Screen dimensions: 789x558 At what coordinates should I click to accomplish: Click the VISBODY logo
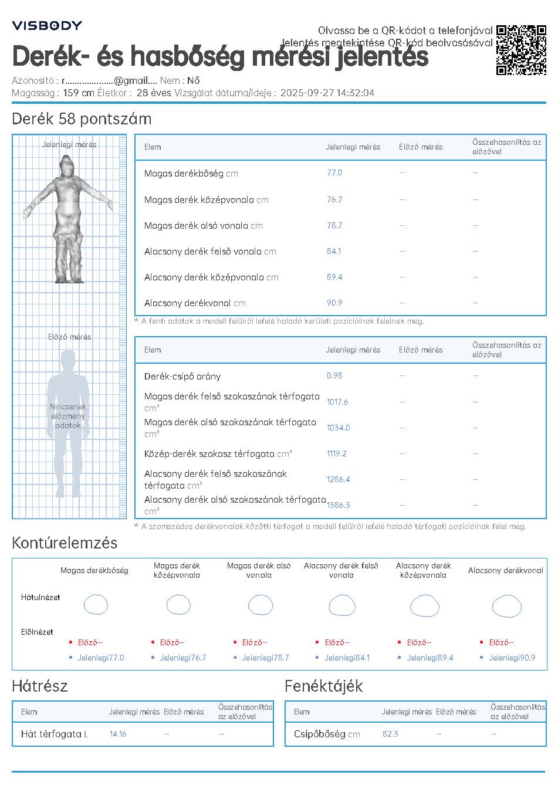pos(47,25)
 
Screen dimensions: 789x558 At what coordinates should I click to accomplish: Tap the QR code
pos(521,50)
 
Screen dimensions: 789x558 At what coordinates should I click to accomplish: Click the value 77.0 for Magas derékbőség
pos(334,173)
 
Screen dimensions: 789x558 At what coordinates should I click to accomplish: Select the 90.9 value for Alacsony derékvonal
pos(334,303)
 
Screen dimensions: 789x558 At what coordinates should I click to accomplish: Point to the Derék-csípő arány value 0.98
pos(334,375)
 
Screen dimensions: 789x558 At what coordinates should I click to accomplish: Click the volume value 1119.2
pos(337,453)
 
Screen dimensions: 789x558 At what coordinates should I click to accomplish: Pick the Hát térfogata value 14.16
pos(118,734)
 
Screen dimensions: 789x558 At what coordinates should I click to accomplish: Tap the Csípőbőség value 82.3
pos(390,734)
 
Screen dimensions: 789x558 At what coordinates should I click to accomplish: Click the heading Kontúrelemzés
pos(65,543)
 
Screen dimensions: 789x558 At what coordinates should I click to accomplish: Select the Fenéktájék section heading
pos(324,686)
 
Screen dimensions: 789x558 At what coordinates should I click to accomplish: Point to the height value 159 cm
pos(79,93)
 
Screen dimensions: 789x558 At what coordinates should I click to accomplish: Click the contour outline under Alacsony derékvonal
pos(506,606)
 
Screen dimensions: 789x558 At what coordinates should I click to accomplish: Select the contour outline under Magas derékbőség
pos(96,605)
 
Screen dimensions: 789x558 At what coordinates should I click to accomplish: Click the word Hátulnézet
pos(40,597)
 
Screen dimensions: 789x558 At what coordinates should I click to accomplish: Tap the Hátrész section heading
pos(40,686)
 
